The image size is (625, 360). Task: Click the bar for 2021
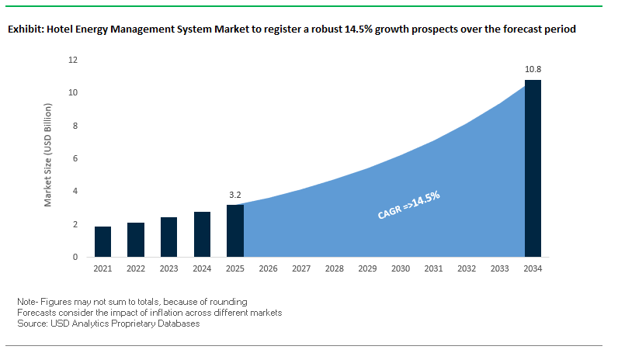[x=102, y=241]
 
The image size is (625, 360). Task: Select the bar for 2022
[x=136, y=240]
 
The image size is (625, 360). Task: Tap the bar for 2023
[x=168, y=237]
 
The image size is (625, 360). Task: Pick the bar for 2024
[x=202, y=234]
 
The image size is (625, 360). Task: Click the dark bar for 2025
[x=235, y=230]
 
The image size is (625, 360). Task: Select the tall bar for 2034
[x=533, y=168]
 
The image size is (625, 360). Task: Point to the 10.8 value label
[x=533, y=69]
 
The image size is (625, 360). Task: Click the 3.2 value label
[x=235, y=195]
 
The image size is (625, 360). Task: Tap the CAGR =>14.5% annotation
[x=408, y=206]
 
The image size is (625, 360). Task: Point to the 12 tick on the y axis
[x=73, y=60]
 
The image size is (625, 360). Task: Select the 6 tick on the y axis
[x=75, y=158]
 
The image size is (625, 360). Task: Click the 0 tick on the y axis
[x=75, y=257]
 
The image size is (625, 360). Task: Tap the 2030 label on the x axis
[x=401, y=269]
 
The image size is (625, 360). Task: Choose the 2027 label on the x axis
[x=301, y=269]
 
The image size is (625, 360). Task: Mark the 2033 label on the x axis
[x=500, y=269]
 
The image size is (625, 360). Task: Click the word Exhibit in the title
[x=25, y=29]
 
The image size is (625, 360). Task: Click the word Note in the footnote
[x=26, y=301]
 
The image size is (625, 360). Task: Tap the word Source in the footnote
[x=31, y=324]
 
